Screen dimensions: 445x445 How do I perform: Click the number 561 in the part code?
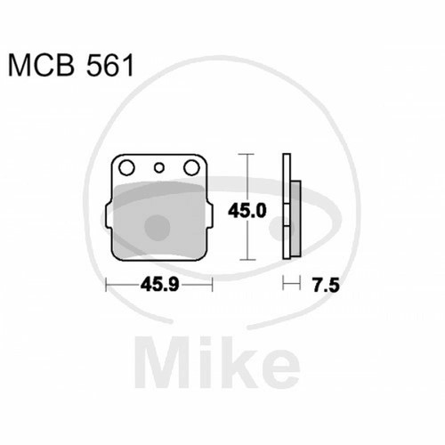[x=109, y=65]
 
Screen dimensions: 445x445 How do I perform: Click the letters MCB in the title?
[x=41, y=65]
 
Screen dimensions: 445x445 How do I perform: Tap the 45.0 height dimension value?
[x=247, y=211]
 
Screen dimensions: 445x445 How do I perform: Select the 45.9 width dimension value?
[x=159, y=285]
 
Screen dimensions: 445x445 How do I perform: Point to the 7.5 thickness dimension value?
[x=326, y=286]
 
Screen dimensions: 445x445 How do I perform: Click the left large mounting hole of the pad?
[x=126, y=167]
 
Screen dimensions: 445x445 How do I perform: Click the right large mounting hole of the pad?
[x=191, y=167]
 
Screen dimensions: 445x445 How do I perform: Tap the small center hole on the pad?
[x=159, y=168]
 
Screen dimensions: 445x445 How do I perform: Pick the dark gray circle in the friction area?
[x=158, y=228]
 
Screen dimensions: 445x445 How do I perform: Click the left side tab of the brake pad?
[x=109, y=216]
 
